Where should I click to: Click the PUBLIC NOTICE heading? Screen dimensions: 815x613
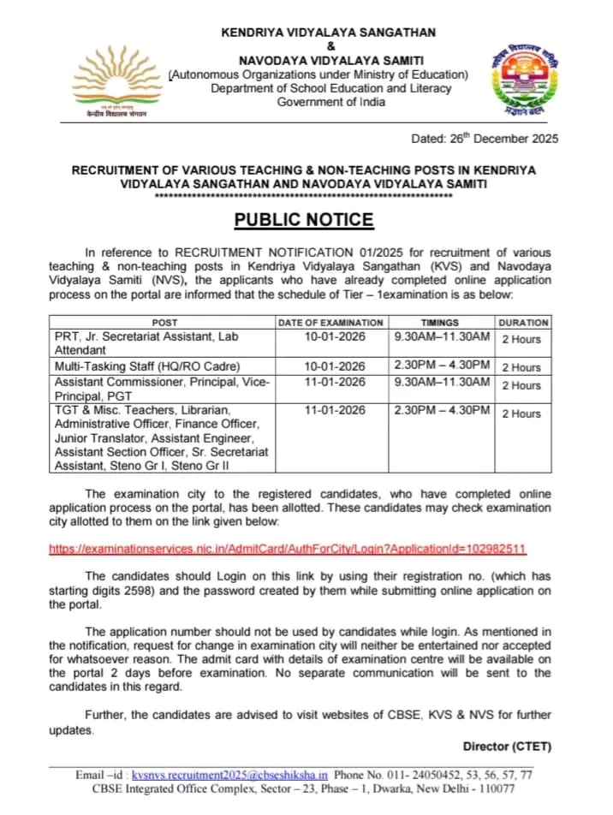click(305, 220)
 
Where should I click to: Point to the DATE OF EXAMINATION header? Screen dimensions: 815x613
click(330, 323)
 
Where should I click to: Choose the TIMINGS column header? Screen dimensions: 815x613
click(440, 323)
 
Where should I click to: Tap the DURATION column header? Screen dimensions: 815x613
click(523, 323)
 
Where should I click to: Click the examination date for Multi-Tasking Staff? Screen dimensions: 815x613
click(330, 366)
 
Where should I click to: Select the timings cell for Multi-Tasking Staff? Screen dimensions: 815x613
click(440, 366)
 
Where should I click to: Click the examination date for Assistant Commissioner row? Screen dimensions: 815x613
click(330, 382)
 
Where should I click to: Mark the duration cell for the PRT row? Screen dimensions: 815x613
click(521, 339)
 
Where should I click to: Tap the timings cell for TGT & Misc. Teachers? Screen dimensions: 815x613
click(440, 411)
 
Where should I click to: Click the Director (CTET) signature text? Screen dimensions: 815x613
click(507, 747)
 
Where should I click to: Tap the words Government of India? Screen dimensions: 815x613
click(330, 102)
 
